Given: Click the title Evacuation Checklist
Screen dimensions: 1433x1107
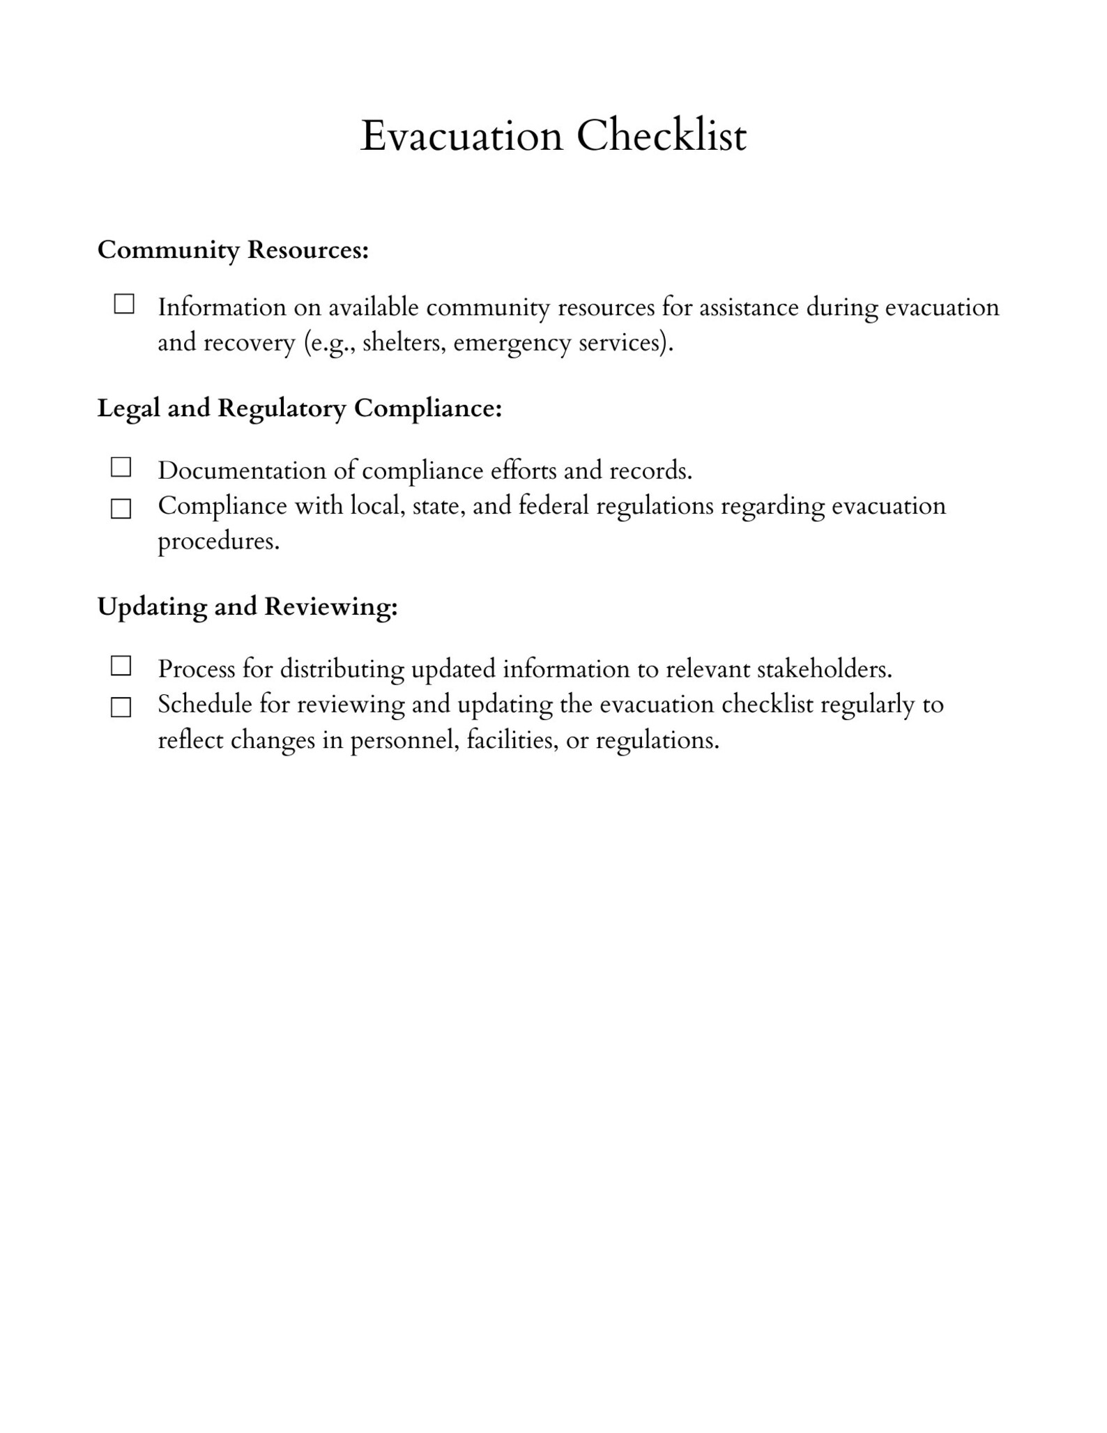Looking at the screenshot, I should point(553,135).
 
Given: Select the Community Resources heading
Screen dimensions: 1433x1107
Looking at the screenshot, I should point(233,250).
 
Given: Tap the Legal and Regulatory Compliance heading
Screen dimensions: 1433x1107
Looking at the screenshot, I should point(299,408).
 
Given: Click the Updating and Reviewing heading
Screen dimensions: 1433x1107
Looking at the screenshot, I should point(247,606).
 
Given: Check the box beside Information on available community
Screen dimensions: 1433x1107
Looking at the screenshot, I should point(124,305).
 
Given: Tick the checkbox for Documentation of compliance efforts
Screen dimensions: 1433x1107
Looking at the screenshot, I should point(121,468).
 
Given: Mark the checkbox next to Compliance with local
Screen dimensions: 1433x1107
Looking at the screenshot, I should point(121,509).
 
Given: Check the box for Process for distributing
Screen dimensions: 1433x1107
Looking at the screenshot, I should point(121,666).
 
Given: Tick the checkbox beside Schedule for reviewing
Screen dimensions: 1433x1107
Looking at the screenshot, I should point(121,707).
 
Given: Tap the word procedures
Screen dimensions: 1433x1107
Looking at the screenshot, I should point(218,542).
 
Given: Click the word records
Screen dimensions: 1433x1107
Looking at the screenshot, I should point(650,470).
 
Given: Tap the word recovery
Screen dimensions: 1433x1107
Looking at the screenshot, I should point(249,344).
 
